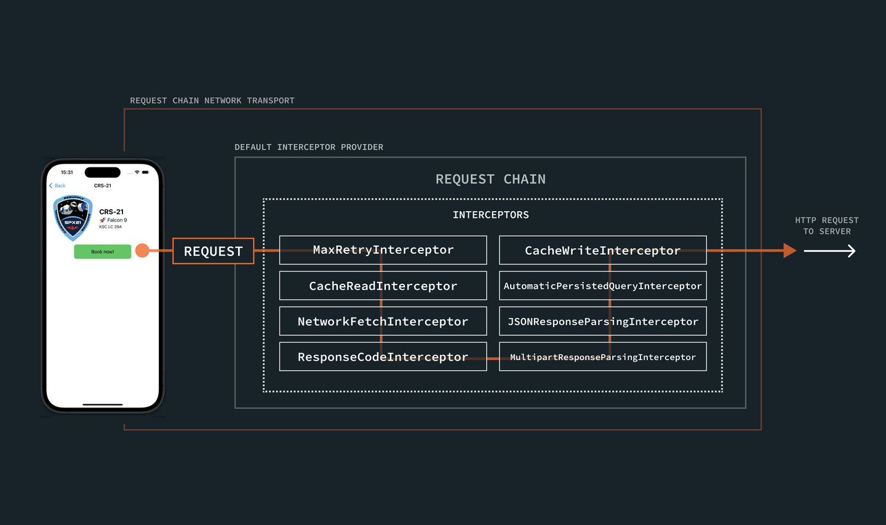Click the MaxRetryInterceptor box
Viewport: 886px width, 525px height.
pyautogui.click(x=383, y=250)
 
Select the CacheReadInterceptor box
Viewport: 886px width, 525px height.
pyautogui.click(x=383, y=286)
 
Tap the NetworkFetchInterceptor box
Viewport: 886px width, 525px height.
pyautogui.click(x=383, y=321)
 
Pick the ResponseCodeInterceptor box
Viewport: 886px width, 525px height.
pyautogui.click(x=383, y=357)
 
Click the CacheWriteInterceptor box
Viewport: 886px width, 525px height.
pyautogui.click(x=602, y=250)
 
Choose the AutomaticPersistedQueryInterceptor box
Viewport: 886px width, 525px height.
pyautogui.click(x=602, y=286)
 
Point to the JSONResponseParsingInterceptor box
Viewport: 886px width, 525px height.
pyautogui.click(x=602, y=321)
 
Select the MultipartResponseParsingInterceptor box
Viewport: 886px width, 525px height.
pyautogui.click(x=602, y=357)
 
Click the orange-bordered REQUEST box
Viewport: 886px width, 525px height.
pyautogui.click(x=213, y=251)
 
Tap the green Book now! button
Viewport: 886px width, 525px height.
pyautogui.click(x=102, y=252)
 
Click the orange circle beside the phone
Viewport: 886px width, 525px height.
pyautogui.click(x=142, y=250)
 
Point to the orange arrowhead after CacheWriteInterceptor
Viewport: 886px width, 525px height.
pyautogui.click(x=789, y=250)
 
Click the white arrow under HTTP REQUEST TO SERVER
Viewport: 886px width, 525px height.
pyautogui.click(x=829, y=250)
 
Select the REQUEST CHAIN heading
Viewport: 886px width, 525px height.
pyautogui.click(x=490, y=179)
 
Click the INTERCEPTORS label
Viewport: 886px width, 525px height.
pyautogui.click(x=490, y=215)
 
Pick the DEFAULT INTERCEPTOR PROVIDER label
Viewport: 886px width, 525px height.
pyautogui.click(x=308, y=147)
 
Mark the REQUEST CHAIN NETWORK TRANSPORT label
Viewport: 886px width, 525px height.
pyautogui.click(x=212, y=100)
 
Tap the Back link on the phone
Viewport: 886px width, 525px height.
pyautogui.click(x=57, y=185)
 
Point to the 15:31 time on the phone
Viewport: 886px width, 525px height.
pyautogui.click(x=66, y=172)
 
